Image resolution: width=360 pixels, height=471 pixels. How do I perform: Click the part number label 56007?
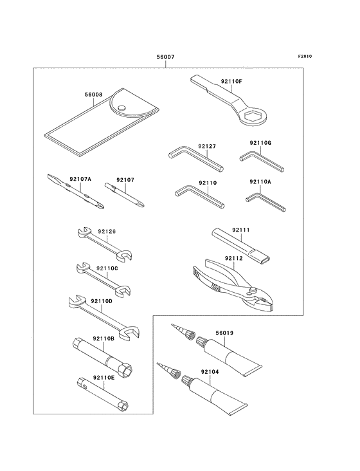(165, 57)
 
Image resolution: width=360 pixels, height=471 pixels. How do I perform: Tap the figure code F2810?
(305, 56)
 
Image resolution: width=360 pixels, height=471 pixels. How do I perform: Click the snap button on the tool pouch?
(121, 107)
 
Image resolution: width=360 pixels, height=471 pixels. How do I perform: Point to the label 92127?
(207, 146)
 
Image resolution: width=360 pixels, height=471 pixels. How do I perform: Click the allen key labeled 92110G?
(262, 162)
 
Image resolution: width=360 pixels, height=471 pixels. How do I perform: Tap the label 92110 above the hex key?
(208, 183)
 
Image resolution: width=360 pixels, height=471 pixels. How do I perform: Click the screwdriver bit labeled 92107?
(125, 194)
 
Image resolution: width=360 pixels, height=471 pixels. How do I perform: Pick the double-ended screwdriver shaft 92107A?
(76, 191)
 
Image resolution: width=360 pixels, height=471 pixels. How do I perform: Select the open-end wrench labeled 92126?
(105, 245)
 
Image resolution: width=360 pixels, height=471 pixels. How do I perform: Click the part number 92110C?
(107, 268)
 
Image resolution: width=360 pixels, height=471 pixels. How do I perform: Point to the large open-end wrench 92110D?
(104, 318)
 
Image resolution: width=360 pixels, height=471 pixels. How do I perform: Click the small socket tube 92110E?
(103, 393)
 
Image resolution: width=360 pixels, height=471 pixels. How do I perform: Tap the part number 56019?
(224, 333)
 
